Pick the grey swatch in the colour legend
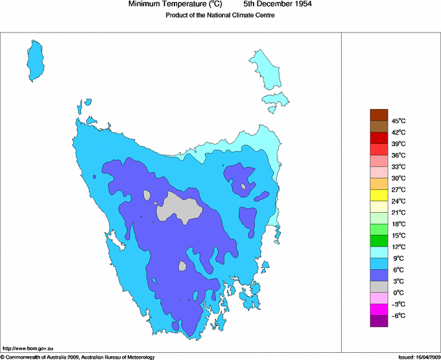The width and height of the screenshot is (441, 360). pyautogui.click(x=379, y=287)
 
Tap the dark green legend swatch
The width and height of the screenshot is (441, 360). pyautogui.click(x=379, y=241)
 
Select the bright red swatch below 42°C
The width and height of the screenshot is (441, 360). pyautogui.click(x=379, y=138)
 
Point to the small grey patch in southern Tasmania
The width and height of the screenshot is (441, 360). pyautogui.click(x=182, y=266)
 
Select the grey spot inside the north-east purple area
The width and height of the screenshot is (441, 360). pyautogui.click(x=243, y=187)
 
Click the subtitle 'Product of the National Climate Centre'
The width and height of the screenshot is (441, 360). pyautogui.click(x=220, y=16)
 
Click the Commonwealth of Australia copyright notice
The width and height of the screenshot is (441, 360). pyautogui.click(x=78, y=357)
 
